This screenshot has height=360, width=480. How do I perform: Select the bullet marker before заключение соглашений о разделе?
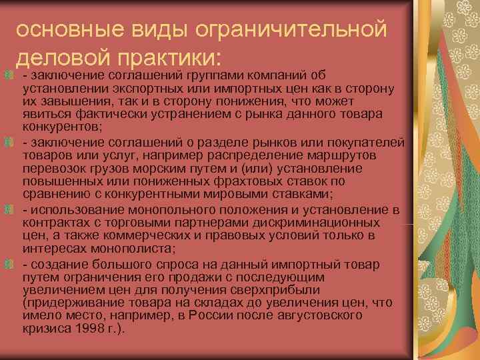(x=11, y=142)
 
